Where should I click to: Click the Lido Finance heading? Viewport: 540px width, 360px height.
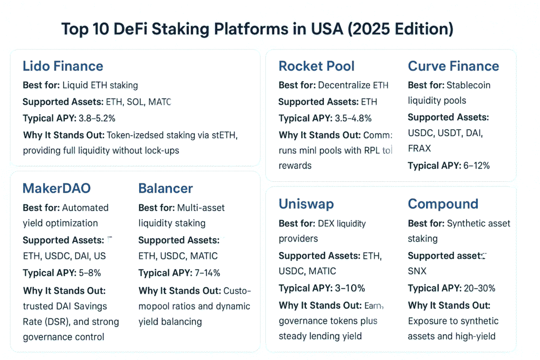click(63, 66)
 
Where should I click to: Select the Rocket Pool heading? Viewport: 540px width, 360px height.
click(316, 66)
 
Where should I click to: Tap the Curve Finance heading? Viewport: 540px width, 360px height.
click(454, 66)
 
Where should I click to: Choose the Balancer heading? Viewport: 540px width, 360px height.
click(166, 188)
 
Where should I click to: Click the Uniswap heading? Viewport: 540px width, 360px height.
click(306, 204)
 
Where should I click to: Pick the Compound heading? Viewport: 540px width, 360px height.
click(443, 204)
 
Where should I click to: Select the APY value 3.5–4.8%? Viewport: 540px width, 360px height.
click(354, 118)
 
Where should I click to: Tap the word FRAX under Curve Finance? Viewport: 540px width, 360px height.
click(419, 149)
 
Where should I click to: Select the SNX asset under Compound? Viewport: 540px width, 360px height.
click(417, 271)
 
